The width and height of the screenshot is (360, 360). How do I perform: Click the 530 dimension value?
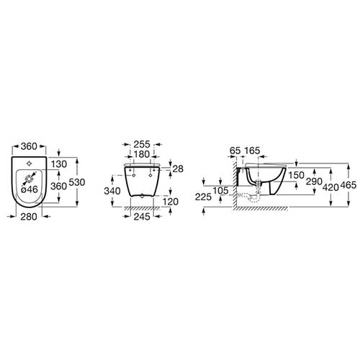pyautogui.click(x=77, y=182)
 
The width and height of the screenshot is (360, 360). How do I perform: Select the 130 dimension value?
pyautogui.click(x=59, y=164)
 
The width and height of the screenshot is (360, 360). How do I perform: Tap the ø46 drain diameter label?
pyautogui.click(x=30, y=189)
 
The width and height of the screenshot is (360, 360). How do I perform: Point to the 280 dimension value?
pyautogui.click(x=29, y=217)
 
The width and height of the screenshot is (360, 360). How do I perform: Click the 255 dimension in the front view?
pyautogui.click(x=142, y=144)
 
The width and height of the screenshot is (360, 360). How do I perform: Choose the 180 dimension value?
pyautogui.click(x=142, y=154)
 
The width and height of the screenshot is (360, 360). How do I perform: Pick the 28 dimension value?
pyautogui.click(x=178, y=169)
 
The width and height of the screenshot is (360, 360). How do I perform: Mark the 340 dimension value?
pyautogui.click(x=112, y=191)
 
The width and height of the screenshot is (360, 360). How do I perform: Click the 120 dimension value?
pyautogui.click(x=171, y=202)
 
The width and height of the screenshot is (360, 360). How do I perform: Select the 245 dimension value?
pyautogui.click(x=142, y=217)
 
